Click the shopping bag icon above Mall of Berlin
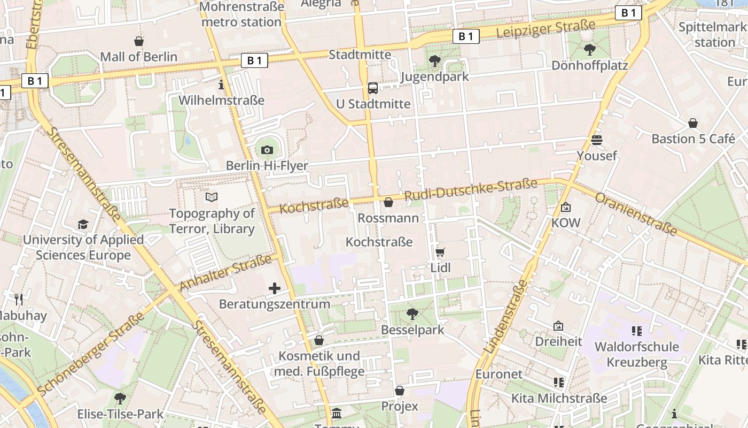[x=139, y=41]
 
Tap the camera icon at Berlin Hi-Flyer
[x=267, y=150]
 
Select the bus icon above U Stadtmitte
[x=373, y=88]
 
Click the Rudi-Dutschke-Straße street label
[x=471, y=191]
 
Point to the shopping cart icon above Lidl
[x=440, y=252]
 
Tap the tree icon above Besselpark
[x=412, y=314]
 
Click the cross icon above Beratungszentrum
[x=275, y=289]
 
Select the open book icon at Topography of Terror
[x=212, y=197]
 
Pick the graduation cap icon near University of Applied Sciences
[x=83, y=224]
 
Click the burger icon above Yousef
[x=597, y=140]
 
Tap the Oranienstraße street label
[x=636, y=214]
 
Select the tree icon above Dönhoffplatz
[x=590, y=50]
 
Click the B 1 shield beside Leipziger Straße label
[x=466, y=36]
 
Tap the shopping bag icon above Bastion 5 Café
[x=693, y=123]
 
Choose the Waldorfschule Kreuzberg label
[x=636, y=354]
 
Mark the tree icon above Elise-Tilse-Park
[x=120, y=399]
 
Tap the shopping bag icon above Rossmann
[x=388, y=202]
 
